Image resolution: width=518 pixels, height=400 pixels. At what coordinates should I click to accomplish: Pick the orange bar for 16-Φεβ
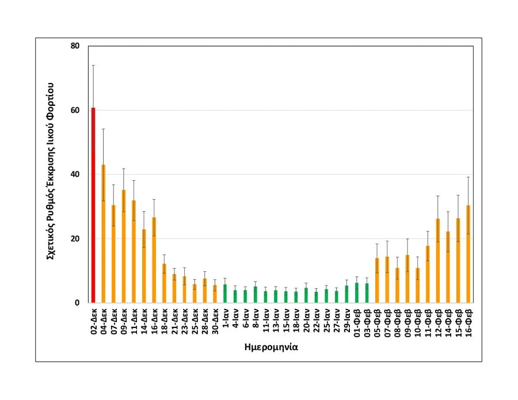469,254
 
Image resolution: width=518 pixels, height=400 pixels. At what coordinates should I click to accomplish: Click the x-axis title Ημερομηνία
279,347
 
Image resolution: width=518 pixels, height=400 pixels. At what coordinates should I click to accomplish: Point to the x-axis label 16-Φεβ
469,321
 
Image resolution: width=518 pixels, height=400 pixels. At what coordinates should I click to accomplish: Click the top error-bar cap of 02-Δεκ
93,65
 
